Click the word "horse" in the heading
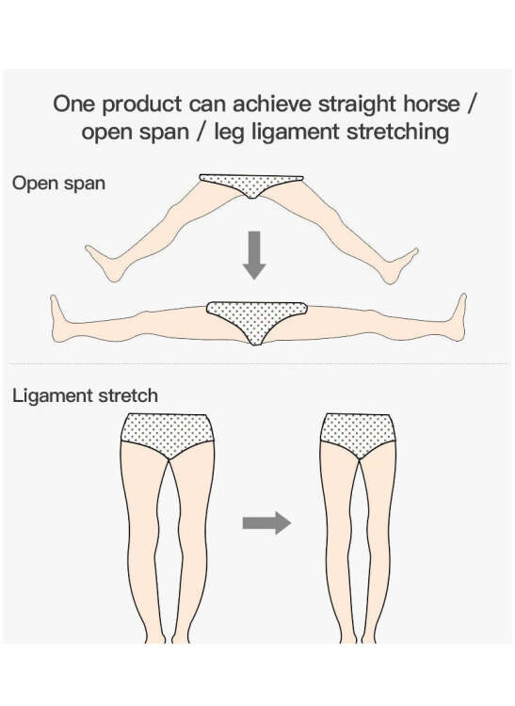(431, 104)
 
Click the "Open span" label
(58, 184)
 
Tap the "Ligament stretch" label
(85, 396)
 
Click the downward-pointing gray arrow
(254, 255)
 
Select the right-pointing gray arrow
(267, 522)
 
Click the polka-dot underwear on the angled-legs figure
(251, 185)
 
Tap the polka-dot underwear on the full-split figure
(256, 320)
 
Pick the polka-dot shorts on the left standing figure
(167, 435)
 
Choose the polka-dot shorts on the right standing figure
(359, 435)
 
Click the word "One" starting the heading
(73, 104)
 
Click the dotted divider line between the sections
(258, 363)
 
